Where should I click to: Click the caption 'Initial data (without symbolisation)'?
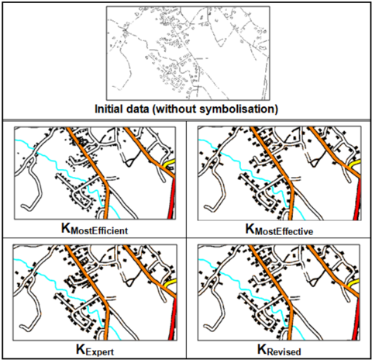coord(186,109)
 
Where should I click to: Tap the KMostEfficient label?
coord(95,229)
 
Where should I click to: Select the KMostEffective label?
coord(279,230)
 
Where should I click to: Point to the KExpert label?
coord(95,350)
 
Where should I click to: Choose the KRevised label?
coord(279,350)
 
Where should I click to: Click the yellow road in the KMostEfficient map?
coord(170,164)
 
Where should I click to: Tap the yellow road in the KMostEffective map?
coord(355,164)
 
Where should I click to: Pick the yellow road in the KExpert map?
coord(170,282)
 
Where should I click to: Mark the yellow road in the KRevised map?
coord(354,283)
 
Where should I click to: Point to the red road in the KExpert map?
coord(174,319)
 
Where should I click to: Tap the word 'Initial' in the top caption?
coord(108,109)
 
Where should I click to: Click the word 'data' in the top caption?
coord(138,109)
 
